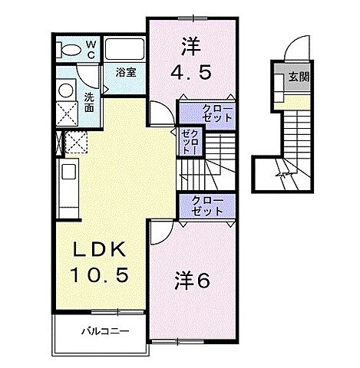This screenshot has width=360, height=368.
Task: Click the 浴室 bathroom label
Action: click(x=126, y=74)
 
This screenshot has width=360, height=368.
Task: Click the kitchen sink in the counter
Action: click(x=67, y=172)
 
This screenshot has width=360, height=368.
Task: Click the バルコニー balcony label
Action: click(x=104, y=331)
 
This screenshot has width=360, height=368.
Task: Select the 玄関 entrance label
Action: click(x=298, y=77)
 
